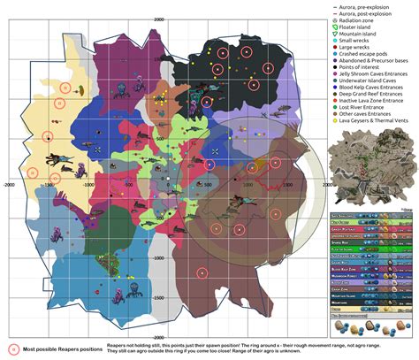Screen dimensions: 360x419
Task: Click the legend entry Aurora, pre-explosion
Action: [363, 5]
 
